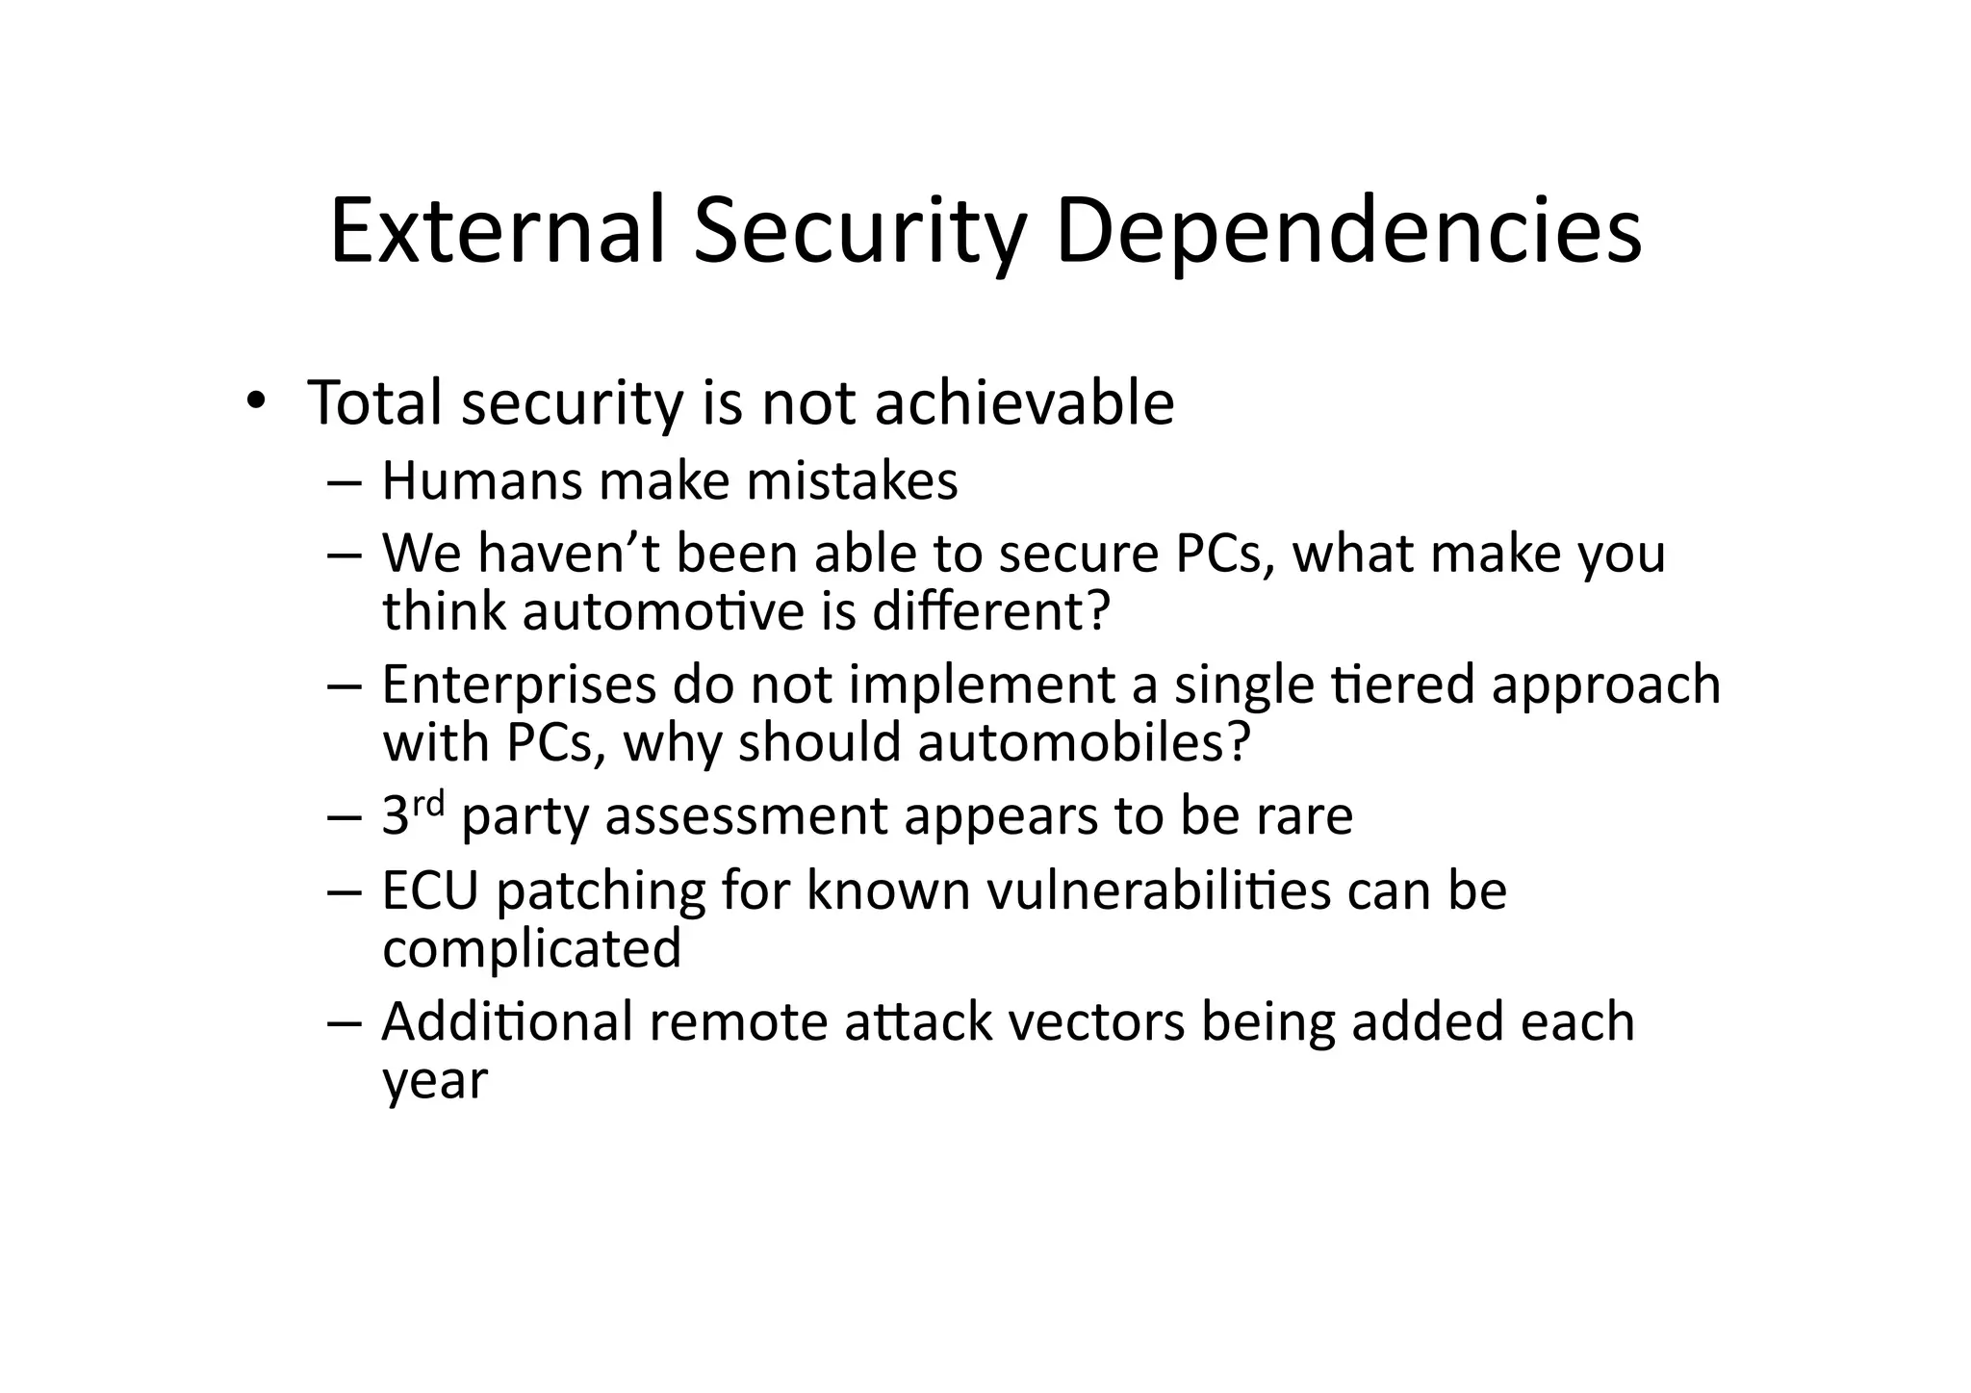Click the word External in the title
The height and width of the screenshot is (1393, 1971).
(x=498, y=231)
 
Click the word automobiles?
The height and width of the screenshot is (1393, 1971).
(x=1084, y=742)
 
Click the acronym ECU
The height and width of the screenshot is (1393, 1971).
(x=430, y=890)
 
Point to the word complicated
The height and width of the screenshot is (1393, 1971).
(x=532, y=948)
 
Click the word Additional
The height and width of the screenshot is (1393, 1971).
(x=507, y=1021)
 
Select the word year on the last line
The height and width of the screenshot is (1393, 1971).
(x=435, y=1081)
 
